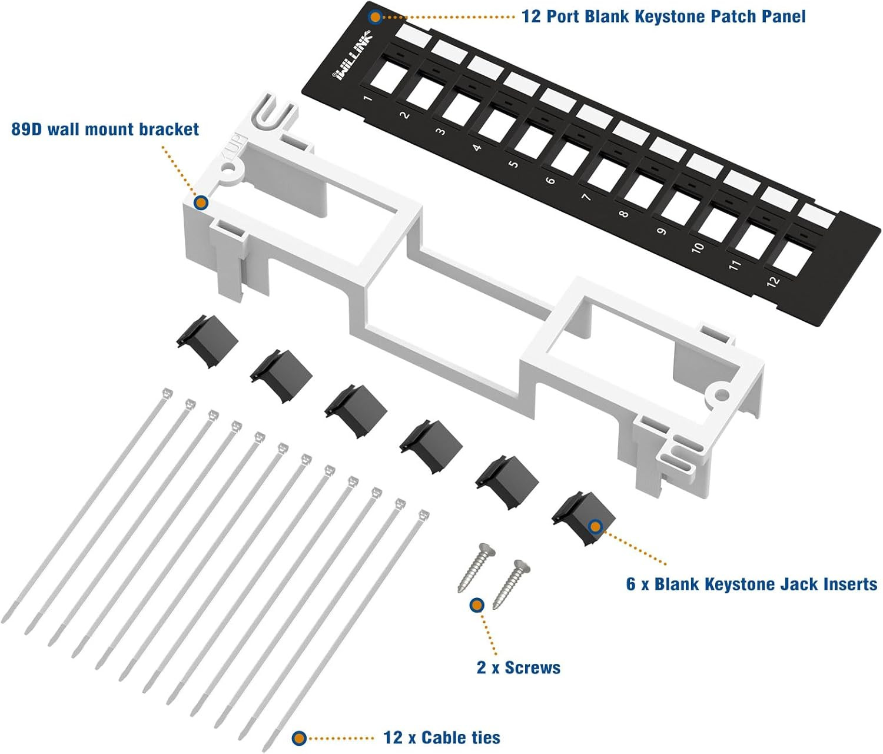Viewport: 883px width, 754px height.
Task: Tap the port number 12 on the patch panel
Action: tap(773, 281)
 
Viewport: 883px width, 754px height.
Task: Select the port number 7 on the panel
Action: tap(586, 197)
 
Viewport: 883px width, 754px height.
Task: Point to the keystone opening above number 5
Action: tap(533, 143)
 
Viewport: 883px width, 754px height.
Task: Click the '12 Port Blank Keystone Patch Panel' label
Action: tap(663, 16)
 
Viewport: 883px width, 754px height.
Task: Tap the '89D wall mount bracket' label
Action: tap(105, 129)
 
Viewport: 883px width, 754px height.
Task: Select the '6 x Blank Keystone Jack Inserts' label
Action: tap(752, 584)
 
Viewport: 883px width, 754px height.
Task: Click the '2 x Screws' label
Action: tap(519, 667)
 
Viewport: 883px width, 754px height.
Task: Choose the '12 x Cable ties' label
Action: tap(441, 738)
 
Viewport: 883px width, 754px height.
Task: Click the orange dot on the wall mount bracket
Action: tap(201, 203)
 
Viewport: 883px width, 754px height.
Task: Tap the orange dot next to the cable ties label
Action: tap(300, 738)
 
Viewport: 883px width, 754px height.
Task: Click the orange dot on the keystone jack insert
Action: tap(595, 526)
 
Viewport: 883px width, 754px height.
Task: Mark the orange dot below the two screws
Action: tap(477, 604)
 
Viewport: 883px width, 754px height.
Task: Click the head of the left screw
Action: tap(488, 551)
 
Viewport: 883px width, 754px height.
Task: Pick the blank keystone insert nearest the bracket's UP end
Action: tap(207, 340)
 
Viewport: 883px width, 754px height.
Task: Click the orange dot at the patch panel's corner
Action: tap(375, 17)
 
